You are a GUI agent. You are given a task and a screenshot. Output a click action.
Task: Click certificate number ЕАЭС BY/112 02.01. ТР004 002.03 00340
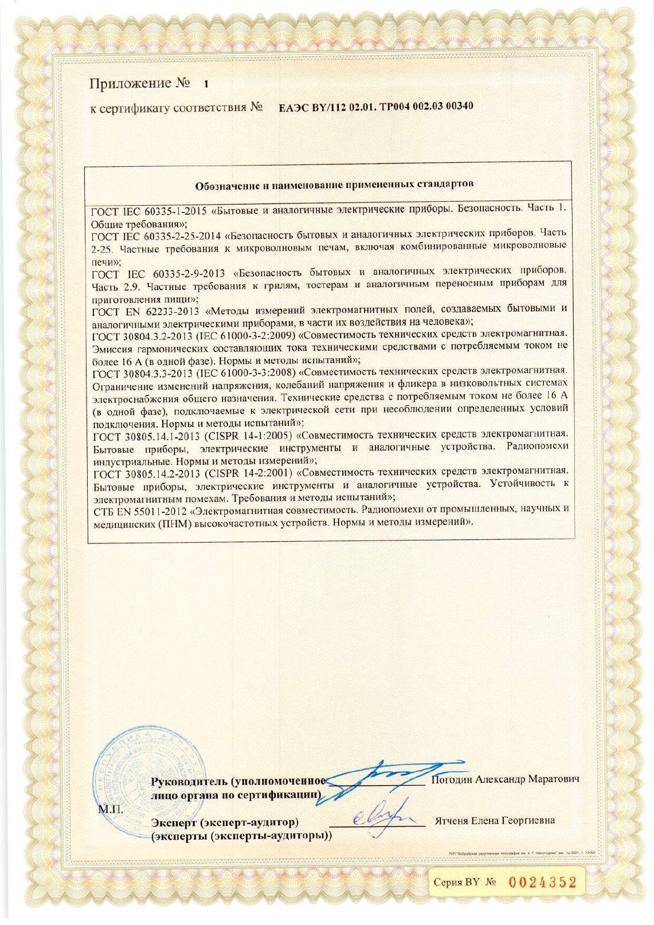tap(376, 107)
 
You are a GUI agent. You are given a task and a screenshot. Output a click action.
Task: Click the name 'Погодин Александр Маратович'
tap(505, 779)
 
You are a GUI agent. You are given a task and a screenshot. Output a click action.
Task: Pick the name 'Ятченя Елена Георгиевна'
tap(495, 821)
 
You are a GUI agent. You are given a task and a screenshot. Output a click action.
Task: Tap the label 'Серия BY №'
tap(464, 883)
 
